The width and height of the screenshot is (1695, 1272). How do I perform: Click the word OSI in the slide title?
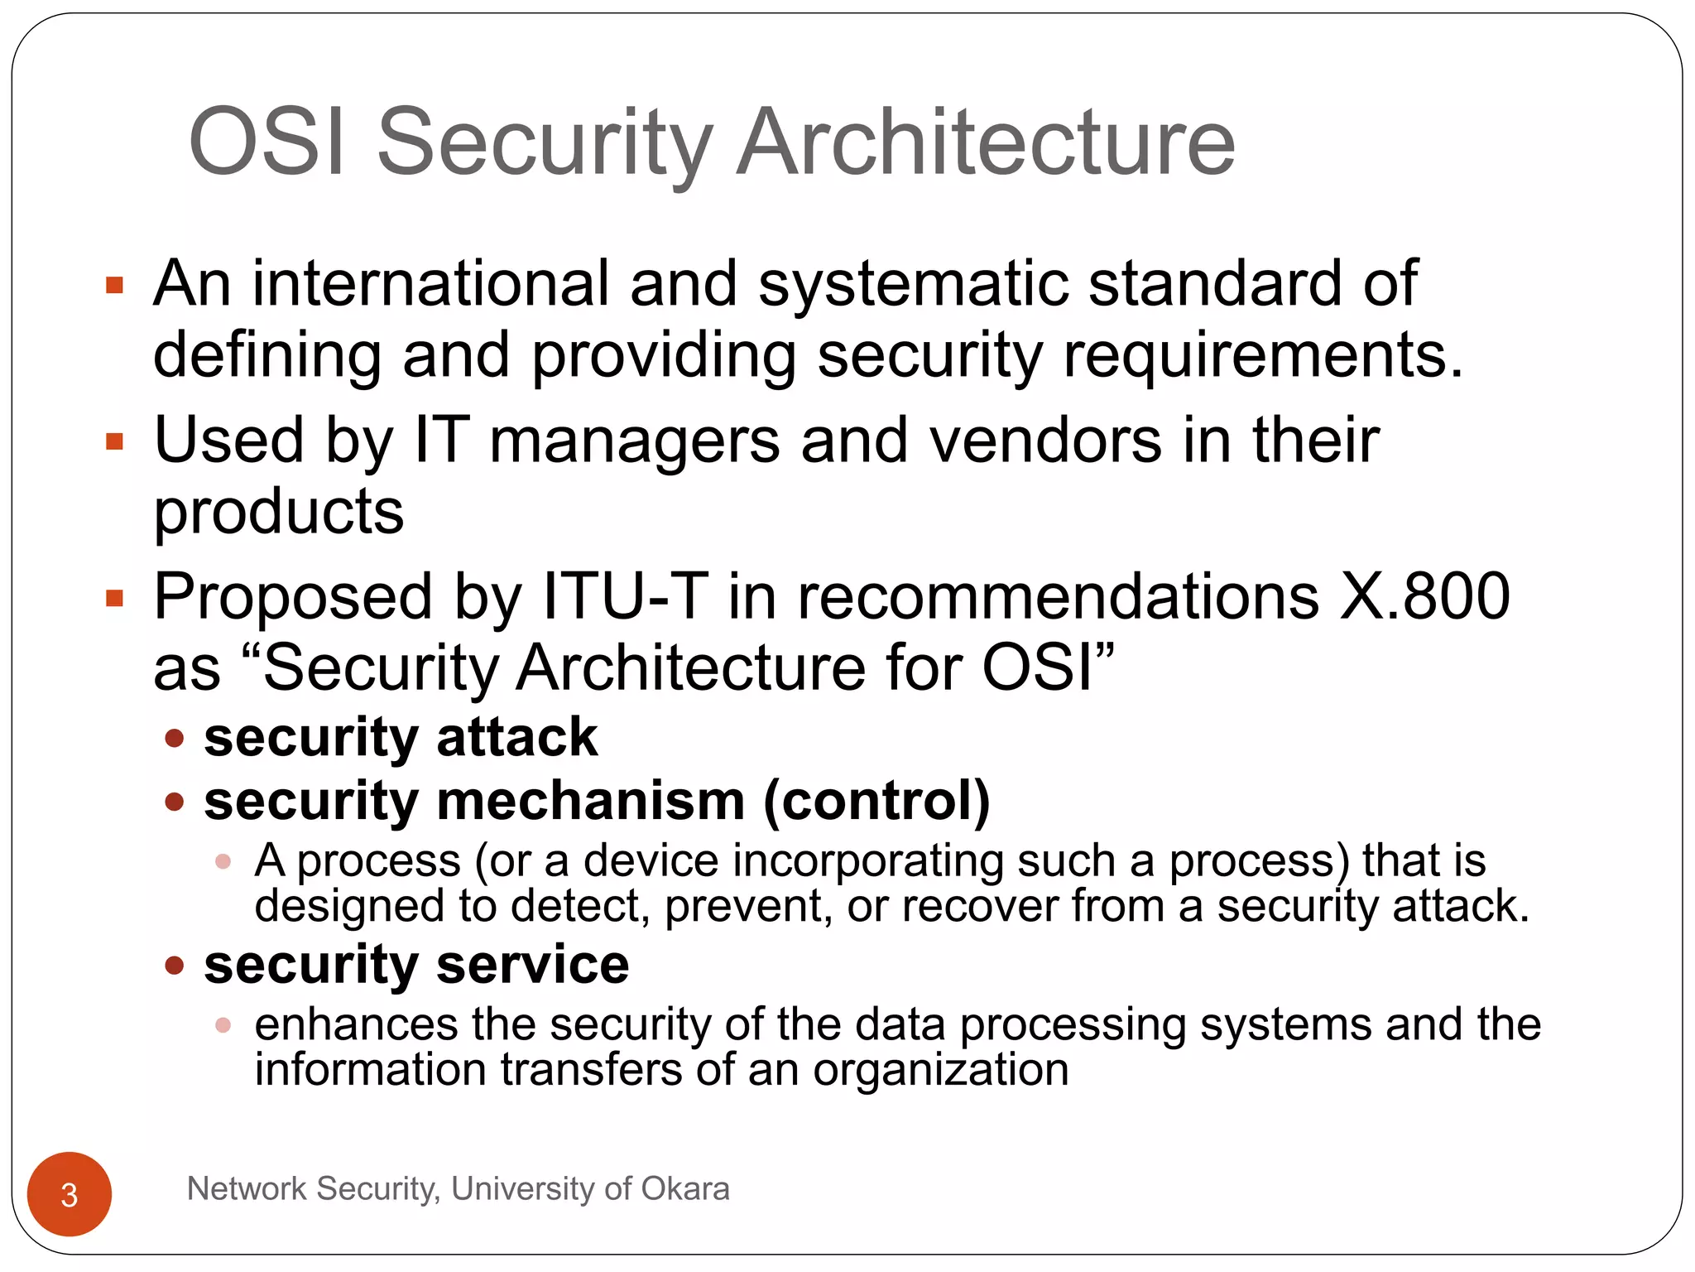[266, 142]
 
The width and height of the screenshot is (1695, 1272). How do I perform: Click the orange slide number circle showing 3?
[70, 1194]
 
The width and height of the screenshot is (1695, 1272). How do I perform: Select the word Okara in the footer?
[685, 1189]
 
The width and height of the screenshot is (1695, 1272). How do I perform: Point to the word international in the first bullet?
[430, 283]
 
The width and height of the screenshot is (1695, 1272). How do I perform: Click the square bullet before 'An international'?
[114, 287]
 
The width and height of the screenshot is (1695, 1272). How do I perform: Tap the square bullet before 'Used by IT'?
[114, 442]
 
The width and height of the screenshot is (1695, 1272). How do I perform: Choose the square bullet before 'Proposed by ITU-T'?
[114, 598]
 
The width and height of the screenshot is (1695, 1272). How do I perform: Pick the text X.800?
[1425, 596]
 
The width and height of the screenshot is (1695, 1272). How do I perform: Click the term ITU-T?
[625, 596]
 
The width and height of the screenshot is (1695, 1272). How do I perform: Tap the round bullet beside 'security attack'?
[174, 738]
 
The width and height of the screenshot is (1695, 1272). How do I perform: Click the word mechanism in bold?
[590, 802]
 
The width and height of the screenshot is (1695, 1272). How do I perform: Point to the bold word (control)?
[876, 802]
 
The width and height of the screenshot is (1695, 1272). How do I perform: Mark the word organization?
[941, 1070]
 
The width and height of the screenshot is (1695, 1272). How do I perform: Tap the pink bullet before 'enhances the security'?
[223, 1025]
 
